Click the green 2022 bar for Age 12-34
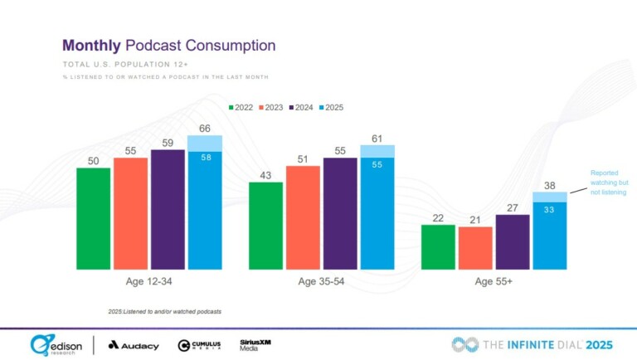(93, 218)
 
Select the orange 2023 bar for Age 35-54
(303, 217)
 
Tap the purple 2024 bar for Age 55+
(512, 242)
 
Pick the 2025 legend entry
(332, 107)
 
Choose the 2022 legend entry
(241, 107)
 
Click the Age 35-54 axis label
(320, 282)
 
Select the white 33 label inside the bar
(549, 211)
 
